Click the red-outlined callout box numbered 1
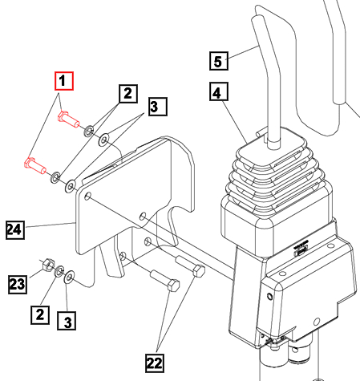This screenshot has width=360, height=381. pyautogui.click(x=63, y=81)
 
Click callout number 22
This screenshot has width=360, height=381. pyautogui.click(x=154, y=363)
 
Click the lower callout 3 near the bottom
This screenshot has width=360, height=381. pyautogui.click(x=69, y=322)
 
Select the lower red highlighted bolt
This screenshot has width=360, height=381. pyautogui.click(x=34, y=167)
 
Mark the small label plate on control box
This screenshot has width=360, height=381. pyautogui.click(x=301, y=248)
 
